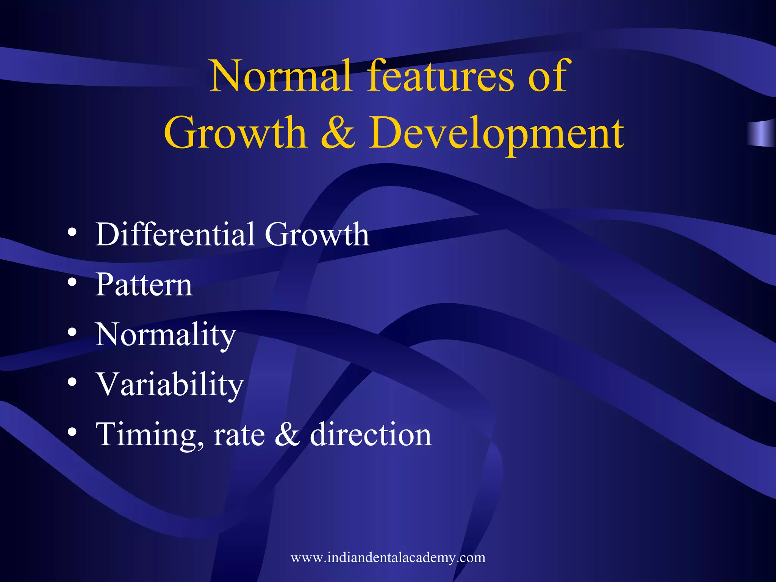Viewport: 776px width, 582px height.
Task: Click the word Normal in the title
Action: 280,76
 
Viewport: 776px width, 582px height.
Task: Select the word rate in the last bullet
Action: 239,435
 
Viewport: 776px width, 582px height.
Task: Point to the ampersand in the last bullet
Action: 287,435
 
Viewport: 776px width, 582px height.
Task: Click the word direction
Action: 371,434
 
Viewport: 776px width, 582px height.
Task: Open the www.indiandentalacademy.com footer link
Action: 388,557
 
